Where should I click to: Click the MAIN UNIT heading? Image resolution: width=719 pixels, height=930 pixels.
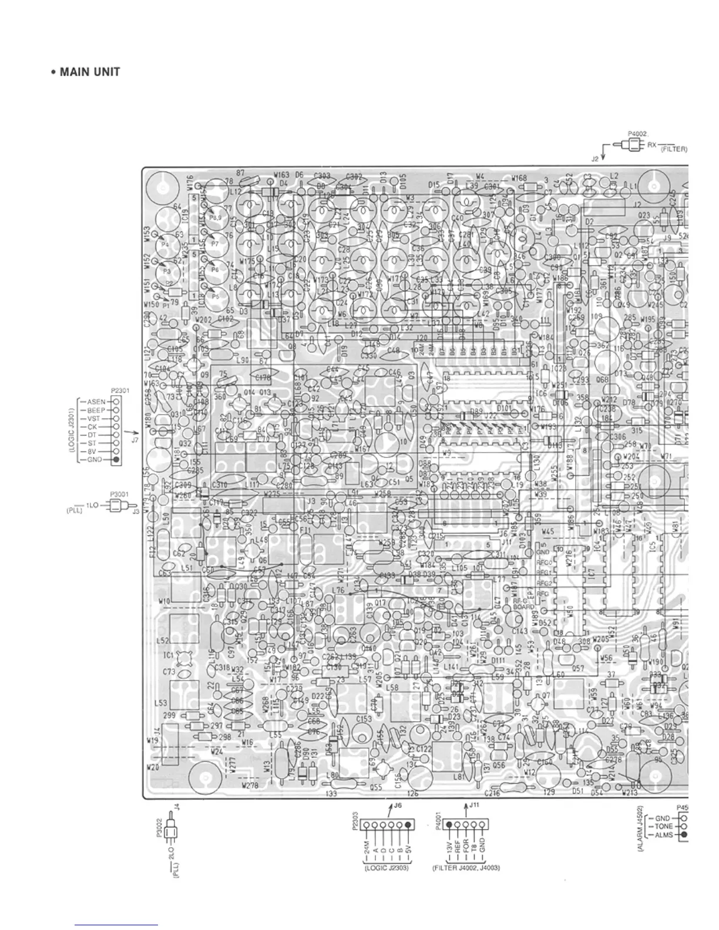tap(85, 72)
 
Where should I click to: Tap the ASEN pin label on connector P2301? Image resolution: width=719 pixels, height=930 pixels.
tap(96, 402)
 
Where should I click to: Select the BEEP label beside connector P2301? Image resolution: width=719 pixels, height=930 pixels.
tap(96, 410)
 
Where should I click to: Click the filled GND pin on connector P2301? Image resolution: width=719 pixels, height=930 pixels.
tap(116, 459)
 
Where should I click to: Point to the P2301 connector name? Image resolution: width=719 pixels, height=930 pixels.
tap(119, 390)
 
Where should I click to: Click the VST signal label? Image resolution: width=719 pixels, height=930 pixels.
tap(94, 419)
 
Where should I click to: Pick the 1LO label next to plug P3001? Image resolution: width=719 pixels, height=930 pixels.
tap(92, 506)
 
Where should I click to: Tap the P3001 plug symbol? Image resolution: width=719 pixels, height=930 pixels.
tap(120, 506)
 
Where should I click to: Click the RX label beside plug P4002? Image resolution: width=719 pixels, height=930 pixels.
tap(652, 146)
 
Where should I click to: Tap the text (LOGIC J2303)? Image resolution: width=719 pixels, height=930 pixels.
tap(387, 868)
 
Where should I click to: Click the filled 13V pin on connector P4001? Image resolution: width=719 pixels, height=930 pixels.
tap(449, 825)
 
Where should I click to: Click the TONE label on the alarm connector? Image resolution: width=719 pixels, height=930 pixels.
tap(664, 826)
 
